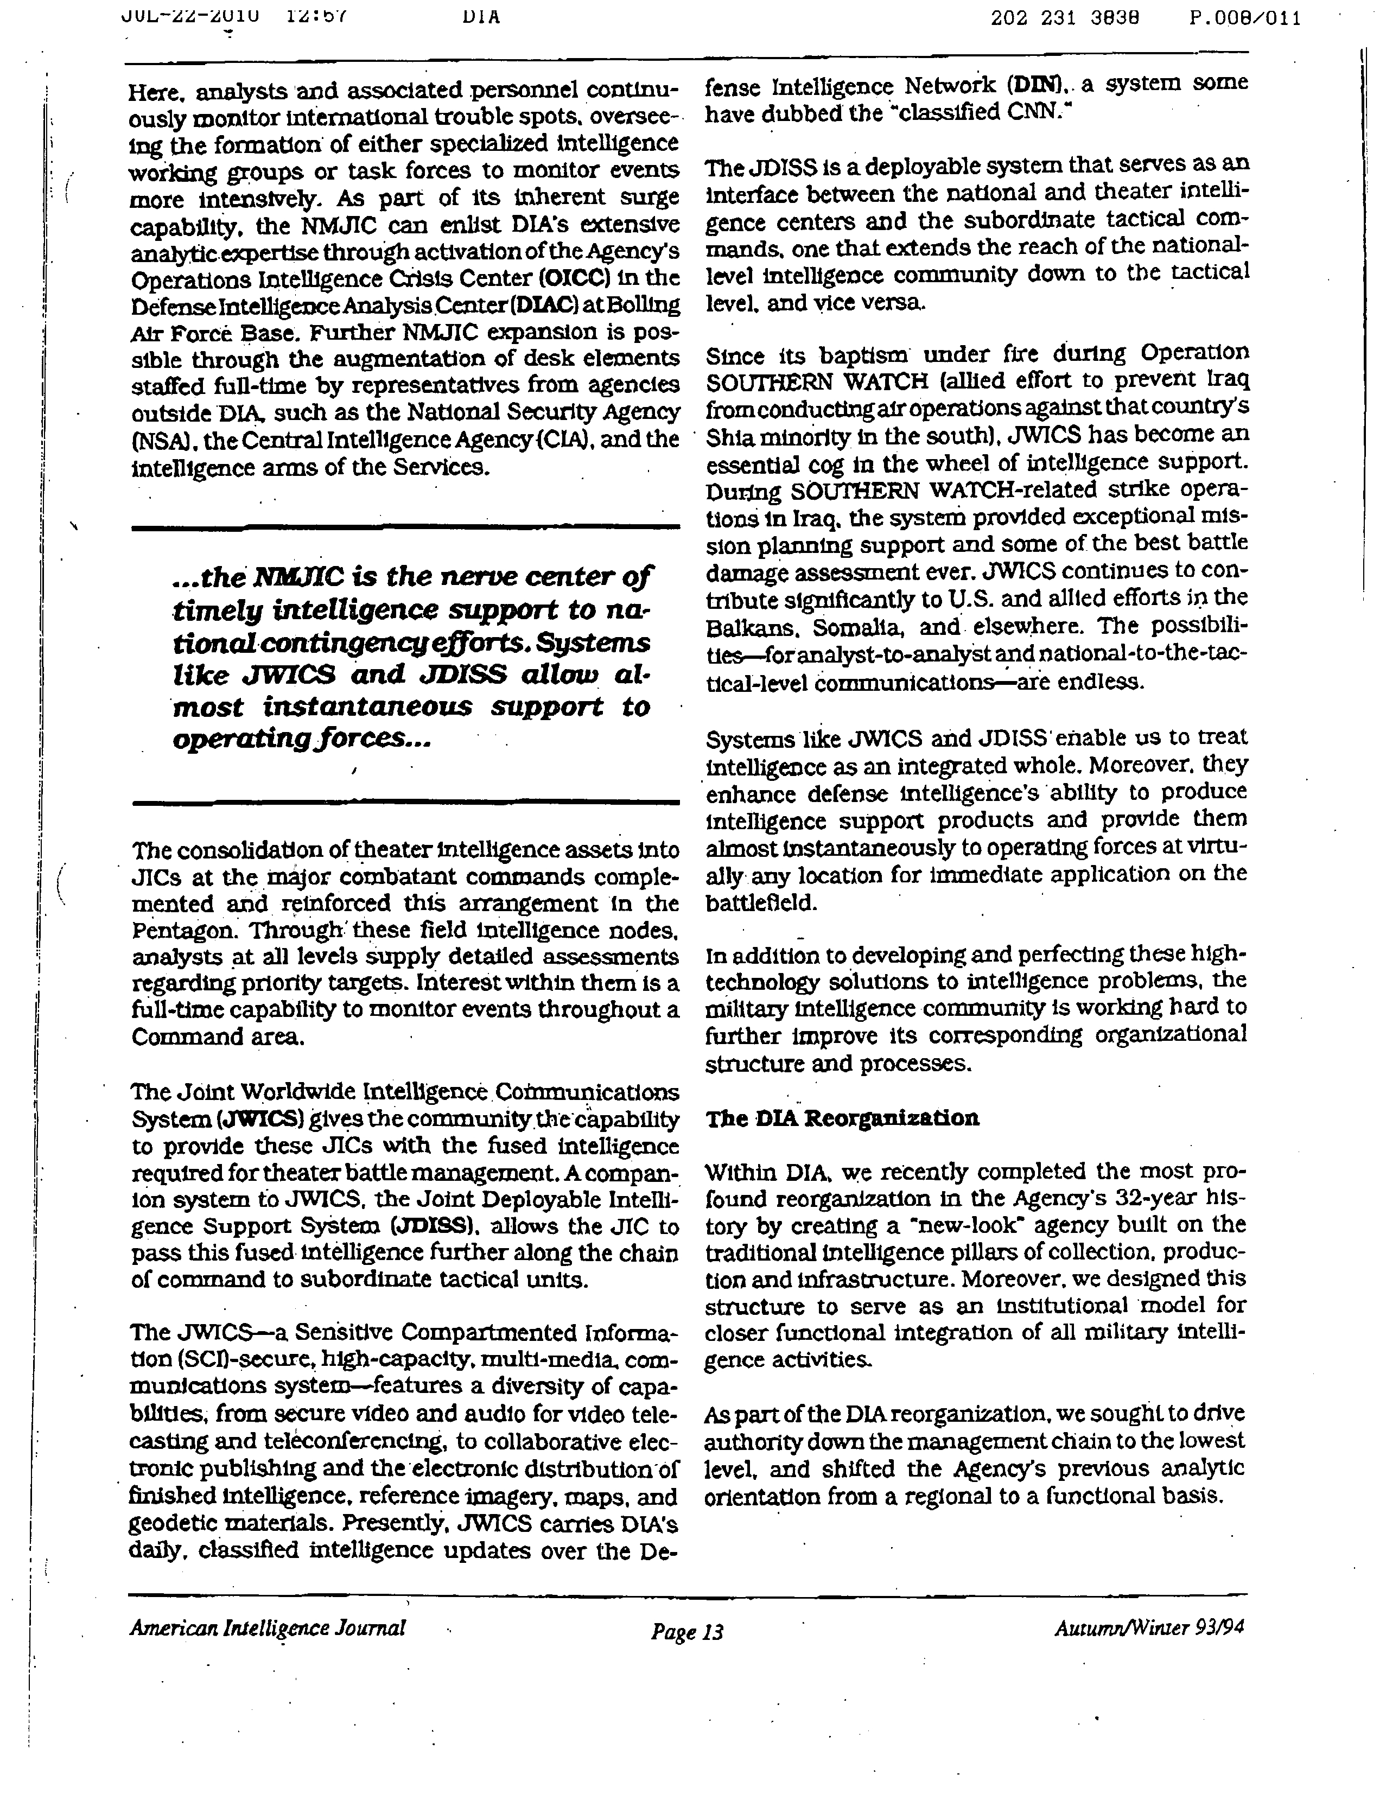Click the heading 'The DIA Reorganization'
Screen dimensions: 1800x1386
pyautogui.click(x=842, y=1118)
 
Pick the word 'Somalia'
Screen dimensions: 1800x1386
pyautogui.click(x=860, y=627)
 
